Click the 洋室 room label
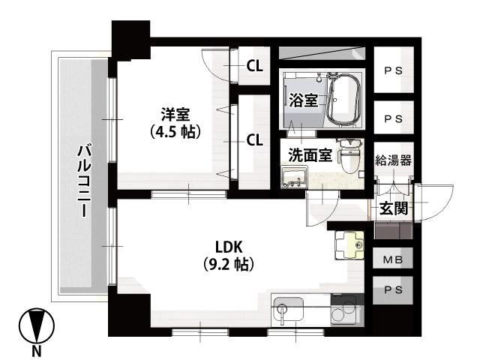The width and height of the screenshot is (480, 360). click(175, 115)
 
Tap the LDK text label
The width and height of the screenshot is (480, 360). click(229, 247)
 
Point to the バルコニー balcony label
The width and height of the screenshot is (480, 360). click(85, 181)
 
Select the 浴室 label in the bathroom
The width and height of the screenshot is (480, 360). click(303, 100)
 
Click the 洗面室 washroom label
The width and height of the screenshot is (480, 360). click(310, 155)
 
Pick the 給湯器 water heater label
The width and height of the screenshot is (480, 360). click(393, 160)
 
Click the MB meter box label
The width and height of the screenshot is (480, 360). click(393, 260)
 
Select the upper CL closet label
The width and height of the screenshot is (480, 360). click(255, 65)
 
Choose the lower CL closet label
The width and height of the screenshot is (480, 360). click(255, 140)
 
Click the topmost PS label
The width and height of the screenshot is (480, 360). click(393, 70)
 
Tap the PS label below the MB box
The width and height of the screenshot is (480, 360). click(393, 290)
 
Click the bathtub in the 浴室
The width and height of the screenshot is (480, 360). click(343, 100)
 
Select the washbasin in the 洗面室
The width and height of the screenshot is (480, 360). click(294, 177)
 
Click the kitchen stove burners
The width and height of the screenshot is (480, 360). click(343, 309)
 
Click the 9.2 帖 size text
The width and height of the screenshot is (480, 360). click(229, 265)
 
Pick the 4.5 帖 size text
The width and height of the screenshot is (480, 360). click(175, 132)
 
